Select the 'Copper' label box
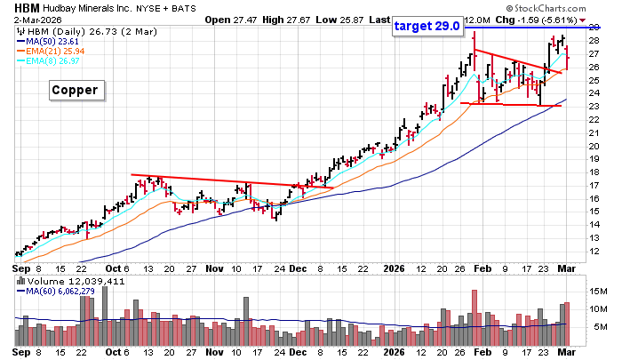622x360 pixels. [x=75, y=90]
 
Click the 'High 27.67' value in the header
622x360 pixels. [x=284, y=19]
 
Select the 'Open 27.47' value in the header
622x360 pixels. [x=229, y=19]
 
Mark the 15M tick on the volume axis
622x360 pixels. [x=600, y=290]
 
